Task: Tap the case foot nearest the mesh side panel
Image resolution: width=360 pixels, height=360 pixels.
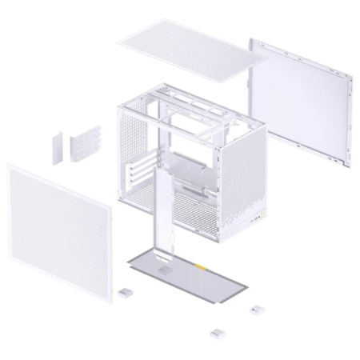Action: coord(125,294)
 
